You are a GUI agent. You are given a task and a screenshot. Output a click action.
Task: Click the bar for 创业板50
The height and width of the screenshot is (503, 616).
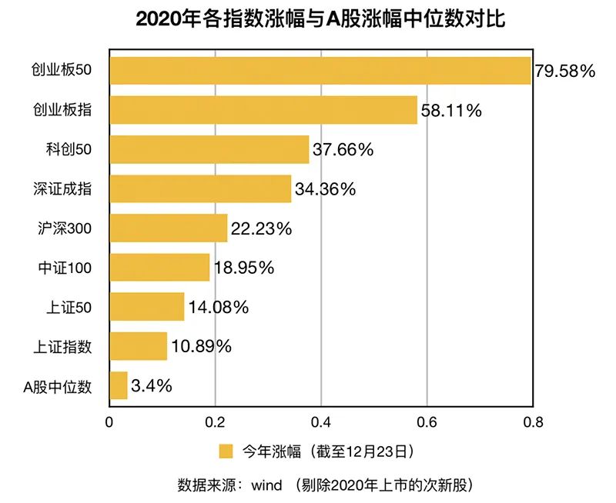320,71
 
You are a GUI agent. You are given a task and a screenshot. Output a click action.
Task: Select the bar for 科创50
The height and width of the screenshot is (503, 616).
209,149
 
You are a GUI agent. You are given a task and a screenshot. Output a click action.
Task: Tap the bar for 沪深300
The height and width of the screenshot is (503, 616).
169,228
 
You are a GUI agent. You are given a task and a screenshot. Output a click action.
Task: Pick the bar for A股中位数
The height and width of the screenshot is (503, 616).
119,385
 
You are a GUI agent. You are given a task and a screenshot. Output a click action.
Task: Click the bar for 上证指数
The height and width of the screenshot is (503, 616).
139,346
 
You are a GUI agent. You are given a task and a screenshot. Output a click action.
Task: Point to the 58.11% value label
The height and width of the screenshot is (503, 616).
451,111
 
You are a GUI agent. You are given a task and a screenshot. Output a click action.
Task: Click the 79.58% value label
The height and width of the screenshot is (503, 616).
565,72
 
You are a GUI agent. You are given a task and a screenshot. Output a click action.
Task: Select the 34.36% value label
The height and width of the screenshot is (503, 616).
325,189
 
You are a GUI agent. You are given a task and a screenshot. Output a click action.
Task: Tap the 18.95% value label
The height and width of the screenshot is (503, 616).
243,268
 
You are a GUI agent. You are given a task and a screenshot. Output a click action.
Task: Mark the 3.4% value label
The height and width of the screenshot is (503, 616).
152,385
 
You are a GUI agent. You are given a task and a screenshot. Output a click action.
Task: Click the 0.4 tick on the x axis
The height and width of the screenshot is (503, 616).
321,421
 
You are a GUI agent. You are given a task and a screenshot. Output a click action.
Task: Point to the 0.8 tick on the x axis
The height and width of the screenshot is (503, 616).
533,421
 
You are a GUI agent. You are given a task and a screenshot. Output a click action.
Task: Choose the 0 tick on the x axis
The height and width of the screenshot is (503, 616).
109,421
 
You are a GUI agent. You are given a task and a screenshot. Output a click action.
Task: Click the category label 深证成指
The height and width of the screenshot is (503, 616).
62,188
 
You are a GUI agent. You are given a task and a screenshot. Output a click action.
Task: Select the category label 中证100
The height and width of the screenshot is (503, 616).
65,268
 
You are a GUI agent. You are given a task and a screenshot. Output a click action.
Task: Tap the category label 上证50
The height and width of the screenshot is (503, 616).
69,307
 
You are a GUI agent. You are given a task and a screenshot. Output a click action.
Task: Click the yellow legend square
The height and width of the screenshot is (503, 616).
226,451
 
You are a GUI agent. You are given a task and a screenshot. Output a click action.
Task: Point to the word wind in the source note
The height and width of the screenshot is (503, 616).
266,485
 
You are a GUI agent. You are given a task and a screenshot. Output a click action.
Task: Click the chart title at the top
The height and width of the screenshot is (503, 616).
320,18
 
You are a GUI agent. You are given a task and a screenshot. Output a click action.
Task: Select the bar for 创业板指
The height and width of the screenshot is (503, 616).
263,110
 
